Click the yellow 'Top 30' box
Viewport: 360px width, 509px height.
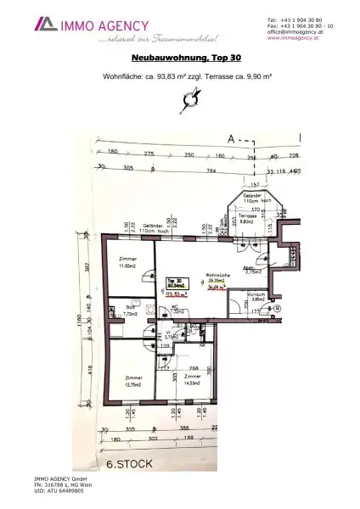coord(176,285)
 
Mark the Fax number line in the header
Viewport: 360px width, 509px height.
coord(300,26)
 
